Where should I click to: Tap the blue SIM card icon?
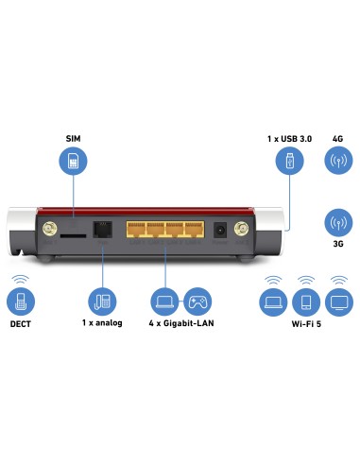pyautogui.click(x=72, y=163)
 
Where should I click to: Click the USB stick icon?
pyautogui.click(x=288, y=163)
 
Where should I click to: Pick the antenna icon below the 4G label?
pyautogui.click(x=337, y=163)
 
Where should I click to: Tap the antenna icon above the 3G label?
pyautogui.click(x=337, y=224)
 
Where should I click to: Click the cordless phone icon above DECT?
pyautogui.click(x=20, y=300)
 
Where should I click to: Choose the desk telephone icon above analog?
pyautogui.click(x=102, y=301)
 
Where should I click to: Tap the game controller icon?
pyautogui.click(x=197, y=301)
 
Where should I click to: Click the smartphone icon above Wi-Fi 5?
pyautogui.click(x=305, y=301)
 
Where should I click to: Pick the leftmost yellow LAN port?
pyautogui.click(x=136, y=229)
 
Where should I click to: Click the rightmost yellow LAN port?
pyautogui.click(x=195, y=229)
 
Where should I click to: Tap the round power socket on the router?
pyautogui.click(x=221, y=230)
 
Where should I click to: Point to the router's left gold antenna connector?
pyautogui.click(x=44, y=230)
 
